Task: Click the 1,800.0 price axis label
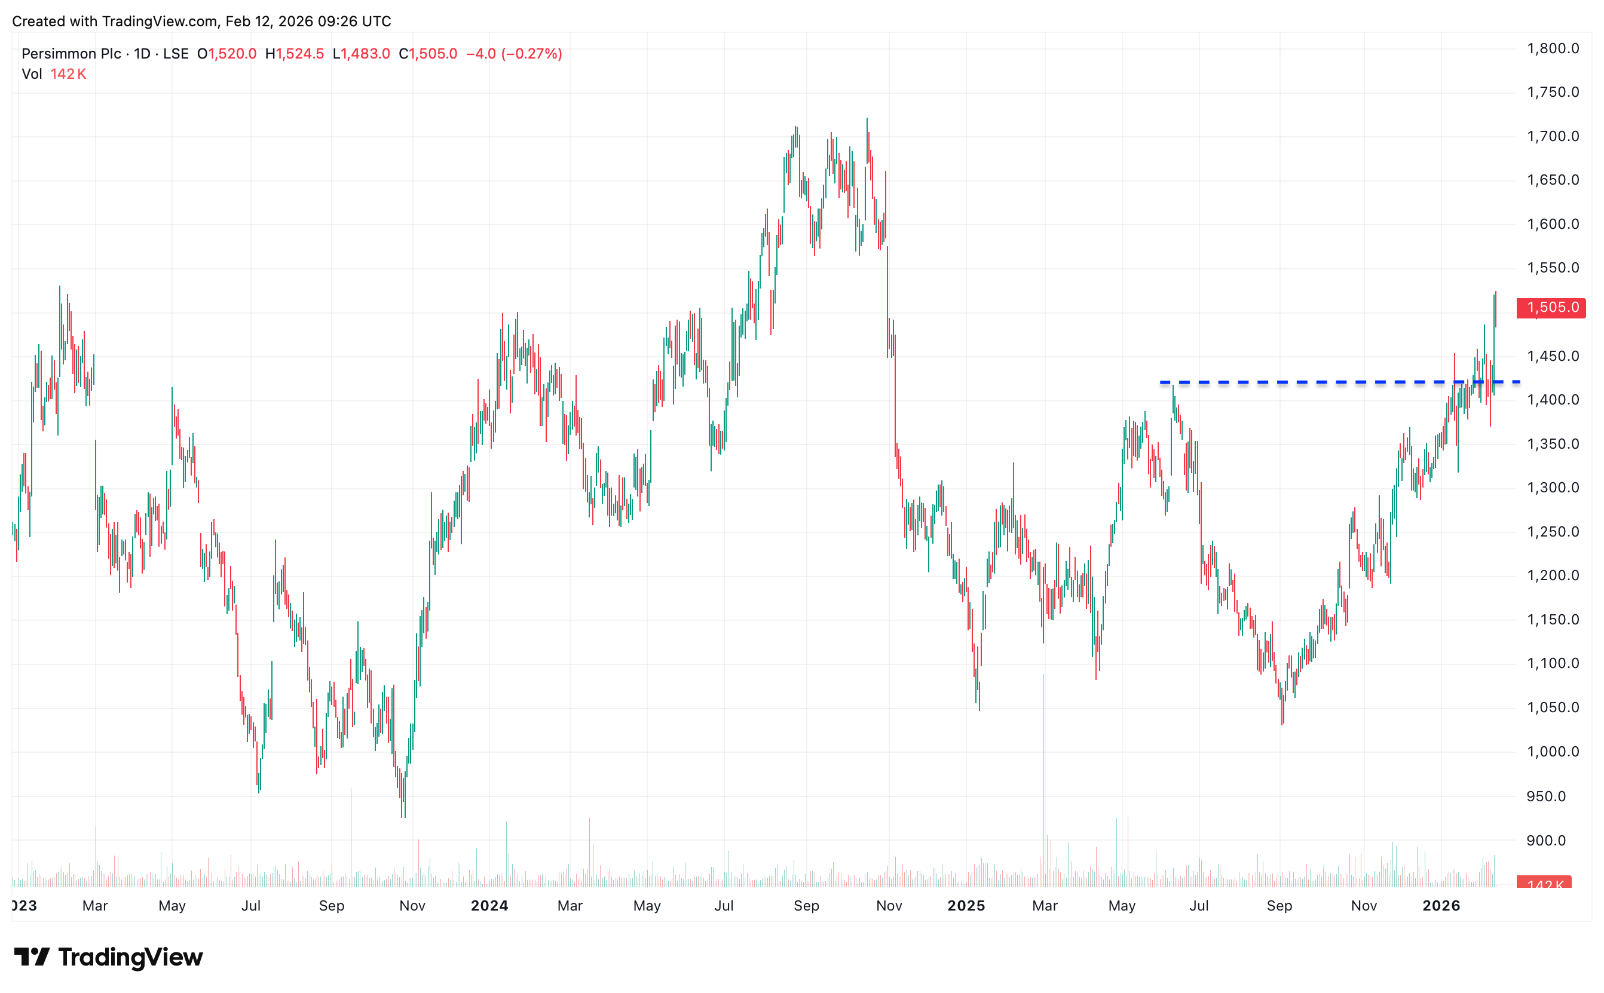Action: pos(1552,48)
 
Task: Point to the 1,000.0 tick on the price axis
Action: pos(1552,751)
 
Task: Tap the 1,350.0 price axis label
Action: pos(1552,444)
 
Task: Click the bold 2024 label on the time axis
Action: pos(489,906)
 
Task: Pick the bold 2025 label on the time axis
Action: pos(966,906)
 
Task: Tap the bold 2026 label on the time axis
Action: pos(1440,906)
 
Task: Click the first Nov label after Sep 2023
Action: pos(412,906)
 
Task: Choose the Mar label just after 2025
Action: pos(1045,906)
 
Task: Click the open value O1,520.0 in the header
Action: pos(226,54)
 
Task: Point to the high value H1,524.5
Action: pos(294,54)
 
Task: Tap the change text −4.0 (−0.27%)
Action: pos(513,54)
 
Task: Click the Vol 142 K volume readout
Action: pos(54,74)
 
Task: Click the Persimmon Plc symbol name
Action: pos(71,54)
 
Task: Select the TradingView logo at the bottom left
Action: pos(108,957)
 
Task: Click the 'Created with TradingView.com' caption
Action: pos(201,21)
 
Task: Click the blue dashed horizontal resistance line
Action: pos(1314,382)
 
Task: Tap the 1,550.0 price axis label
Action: pos(1552,268)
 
